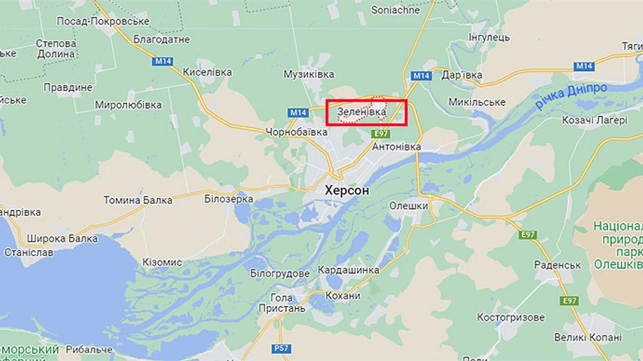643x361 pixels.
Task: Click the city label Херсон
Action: (x=347, y=191)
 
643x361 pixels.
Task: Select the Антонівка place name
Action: (x=397, y=147)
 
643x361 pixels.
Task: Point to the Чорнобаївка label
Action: (x=296, y=132)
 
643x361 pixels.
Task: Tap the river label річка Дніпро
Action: (x=572, y=96)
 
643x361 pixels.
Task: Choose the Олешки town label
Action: (x=408, y=206)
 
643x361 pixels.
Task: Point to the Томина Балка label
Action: (x=138, y=200)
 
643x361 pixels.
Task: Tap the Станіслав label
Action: (x=29, y=252)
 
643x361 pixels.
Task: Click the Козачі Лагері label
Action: (x=594, y=120)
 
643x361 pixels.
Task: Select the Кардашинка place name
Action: (x=349, y=270)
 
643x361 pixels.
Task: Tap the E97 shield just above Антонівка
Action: (x=382, y=134)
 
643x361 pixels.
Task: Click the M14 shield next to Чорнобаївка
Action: (x=298, y=113)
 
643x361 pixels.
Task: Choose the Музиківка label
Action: (x=309, y=74)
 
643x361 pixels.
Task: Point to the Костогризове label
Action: (x=511, y=317)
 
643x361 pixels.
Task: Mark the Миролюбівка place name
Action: (x=129, y=105)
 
